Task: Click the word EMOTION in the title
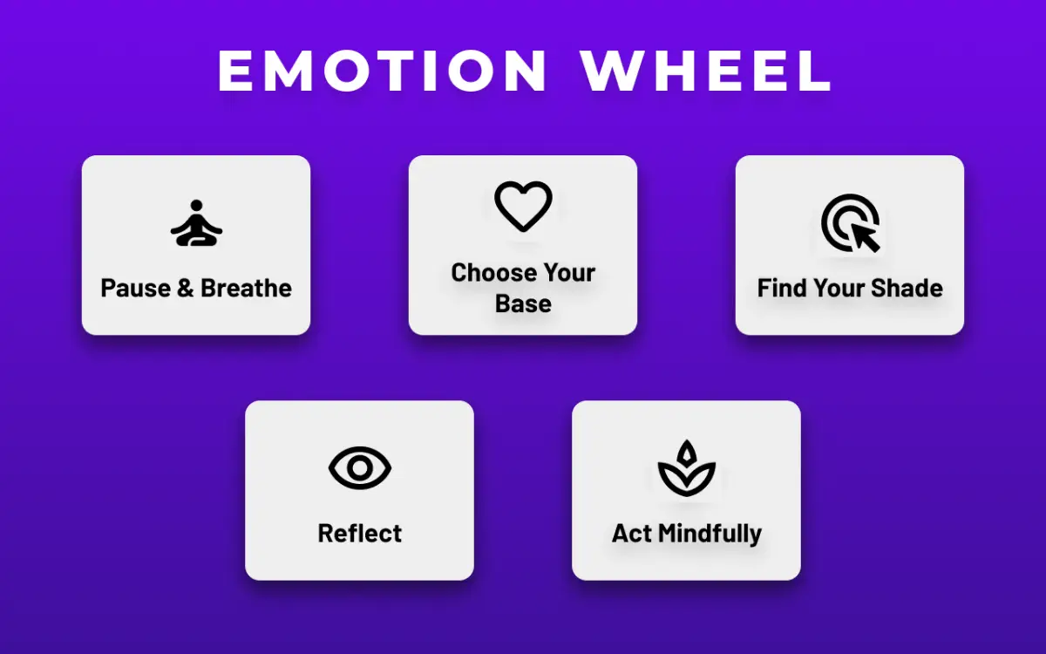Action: click(382, 71)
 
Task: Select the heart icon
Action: click(523, 207)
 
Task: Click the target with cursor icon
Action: click(850, 223)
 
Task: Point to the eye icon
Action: click(359, 468)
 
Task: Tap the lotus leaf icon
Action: click(686, 468)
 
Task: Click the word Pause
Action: click(135, 289)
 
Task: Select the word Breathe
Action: click(246, 289)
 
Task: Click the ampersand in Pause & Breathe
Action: click(185, 289)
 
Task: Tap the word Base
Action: click(523, 304)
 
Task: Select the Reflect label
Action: click(359, 534)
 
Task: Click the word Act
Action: click(632, 534)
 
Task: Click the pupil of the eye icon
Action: click(359, 468)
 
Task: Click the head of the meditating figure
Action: click(196, 207)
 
